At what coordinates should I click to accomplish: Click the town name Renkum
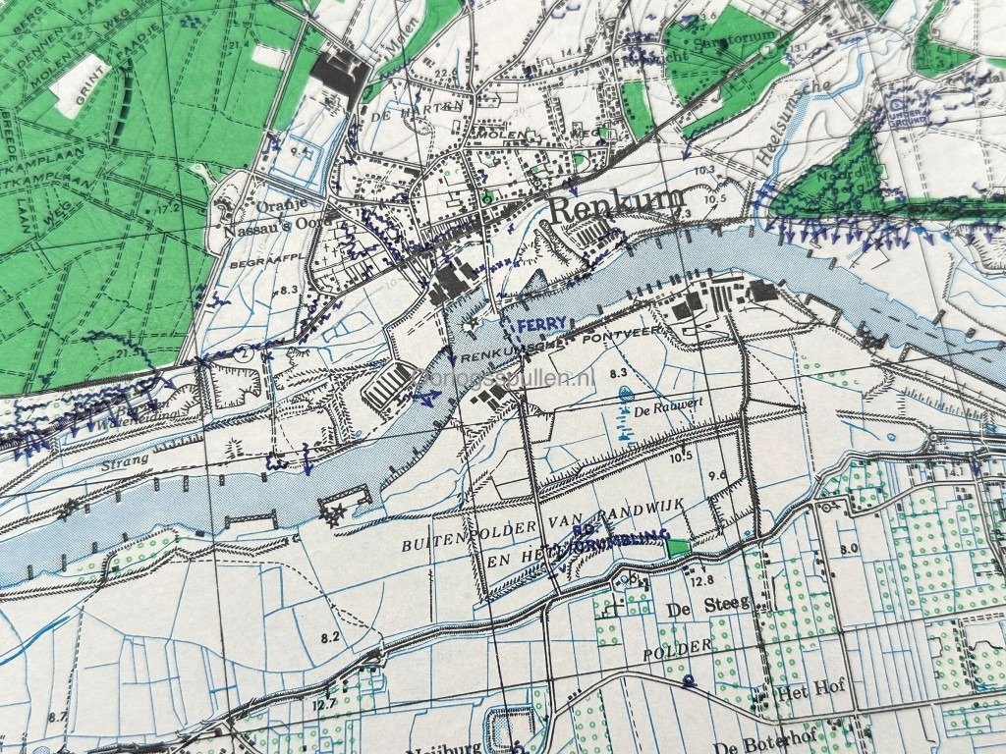click(616, 209)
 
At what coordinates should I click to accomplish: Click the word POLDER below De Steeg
click(677, 651)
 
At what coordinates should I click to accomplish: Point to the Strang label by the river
click(124, 459)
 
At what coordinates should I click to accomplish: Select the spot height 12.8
click(701, 581)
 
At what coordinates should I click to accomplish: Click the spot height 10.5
click(682, 455)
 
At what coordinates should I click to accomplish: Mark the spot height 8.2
click(329, 637)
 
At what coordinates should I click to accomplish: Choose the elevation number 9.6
click(718, 475)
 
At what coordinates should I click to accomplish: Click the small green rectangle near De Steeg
click(677, 548)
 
